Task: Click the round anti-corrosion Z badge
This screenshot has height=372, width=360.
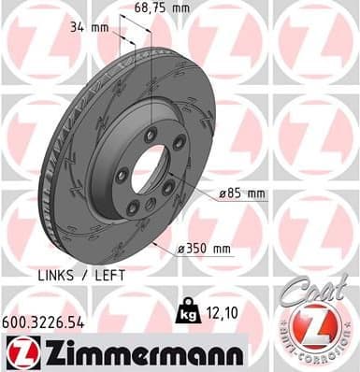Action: pos(320,332)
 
